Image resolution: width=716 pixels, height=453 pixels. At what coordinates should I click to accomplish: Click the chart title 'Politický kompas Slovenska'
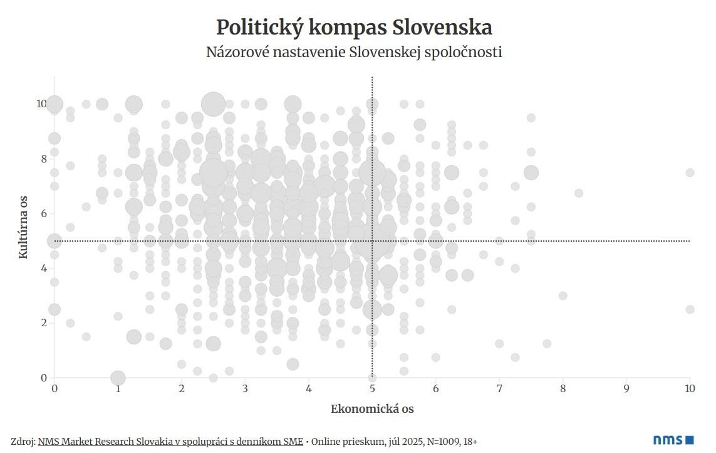[x=354, y=28]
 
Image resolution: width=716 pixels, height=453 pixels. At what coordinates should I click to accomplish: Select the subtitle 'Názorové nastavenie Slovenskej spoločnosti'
[x=354, y=52]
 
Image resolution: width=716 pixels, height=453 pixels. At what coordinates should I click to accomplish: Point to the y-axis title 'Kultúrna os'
[x=23, y=227]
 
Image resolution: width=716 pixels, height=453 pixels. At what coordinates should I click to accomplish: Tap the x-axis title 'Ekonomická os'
[x=372, y=409]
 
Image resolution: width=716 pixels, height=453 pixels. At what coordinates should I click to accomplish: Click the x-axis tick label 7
[x=499, y=389]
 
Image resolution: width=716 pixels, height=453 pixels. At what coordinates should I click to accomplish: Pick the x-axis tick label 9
[x=626, y=389]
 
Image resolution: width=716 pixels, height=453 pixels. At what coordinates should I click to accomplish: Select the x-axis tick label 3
[x=245, y=389]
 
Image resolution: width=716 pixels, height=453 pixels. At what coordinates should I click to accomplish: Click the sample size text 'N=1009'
[x=442, y=442]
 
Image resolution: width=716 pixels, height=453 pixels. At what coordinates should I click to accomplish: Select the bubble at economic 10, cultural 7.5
[x=690, y=173]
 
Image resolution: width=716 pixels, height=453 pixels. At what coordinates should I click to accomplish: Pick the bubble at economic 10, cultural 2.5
[x=690, y=309]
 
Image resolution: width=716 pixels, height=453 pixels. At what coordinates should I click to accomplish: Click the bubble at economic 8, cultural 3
[x=563, y=296]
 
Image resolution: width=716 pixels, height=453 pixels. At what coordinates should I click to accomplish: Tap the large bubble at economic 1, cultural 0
[x=118, y=378]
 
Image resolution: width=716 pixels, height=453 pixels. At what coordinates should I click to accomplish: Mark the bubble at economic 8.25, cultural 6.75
[x=579, y=193]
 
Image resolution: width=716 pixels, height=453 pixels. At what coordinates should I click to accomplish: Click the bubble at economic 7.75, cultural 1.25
[x=547, y=343]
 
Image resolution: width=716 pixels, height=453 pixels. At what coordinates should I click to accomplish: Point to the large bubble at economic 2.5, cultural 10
[x=214, y=104]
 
